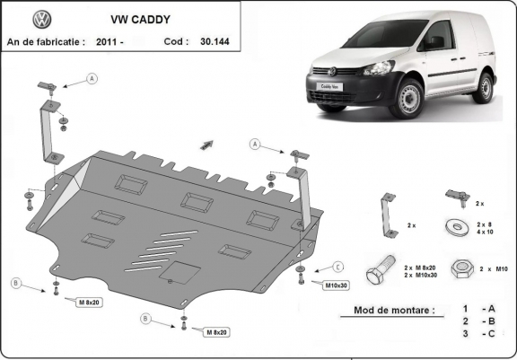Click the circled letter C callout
(338, 267)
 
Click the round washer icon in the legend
(453, 226)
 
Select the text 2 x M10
(494, 268)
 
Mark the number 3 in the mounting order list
(465, 334)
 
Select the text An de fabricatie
(45, 41)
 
